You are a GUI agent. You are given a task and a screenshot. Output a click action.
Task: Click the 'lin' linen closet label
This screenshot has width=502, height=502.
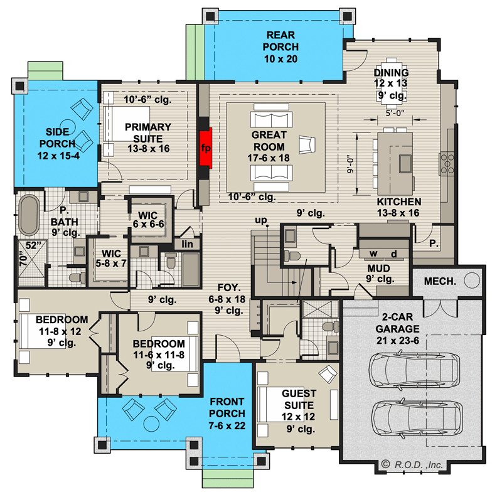[187, 243]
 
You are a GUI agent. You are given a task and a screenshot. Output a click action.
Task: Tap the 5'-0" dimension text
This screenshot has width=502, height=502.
[397, 114]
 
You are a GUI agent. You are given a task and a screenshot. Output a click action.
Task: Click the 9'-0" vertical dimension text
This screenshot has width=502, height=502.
[351, 163]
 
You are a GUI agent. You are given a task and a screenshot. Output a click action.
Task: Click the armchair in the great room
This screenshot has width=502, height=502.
[307, 144]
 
